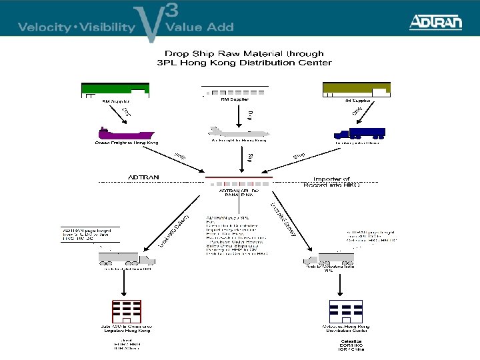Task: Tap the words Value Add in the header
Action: [199, 27]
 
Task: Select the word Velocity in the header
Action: [44, 27]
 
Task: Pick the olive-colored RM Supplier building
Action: [356, 89]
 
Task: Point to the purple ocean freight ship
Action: [126, 132]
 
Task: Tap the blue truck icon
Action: [359, 133]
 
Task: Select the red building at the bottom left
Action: [127, 312]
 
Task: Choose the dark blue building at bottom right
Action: [346, 312]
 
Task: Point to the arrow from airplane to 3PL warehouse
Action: [241, 158]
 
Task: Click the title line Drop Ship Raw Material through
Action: [243, 53]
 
